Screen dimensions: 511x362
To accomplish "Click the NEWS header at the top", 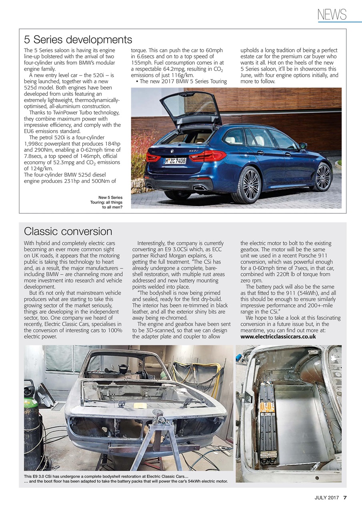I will tap(332, 15).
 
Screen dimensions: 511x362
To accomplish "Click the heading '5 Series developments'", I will tap(78, 40).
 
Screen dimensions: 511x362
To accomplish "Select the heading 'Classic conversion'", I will tap(68, 231).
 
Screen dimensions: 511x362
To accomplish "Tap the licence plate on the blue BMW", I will tap(175, 161).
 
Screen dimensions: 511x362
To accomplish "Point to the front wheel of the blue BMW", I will tap(323, 176).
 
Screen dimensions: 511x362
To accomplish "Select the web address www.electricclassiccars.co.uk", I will tap(278, 337).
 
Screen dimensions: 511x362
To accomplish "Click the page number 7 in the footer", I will tap(345, 497).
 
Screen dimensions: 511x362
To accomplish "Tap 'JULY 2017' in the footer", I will tap(326, 497).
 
